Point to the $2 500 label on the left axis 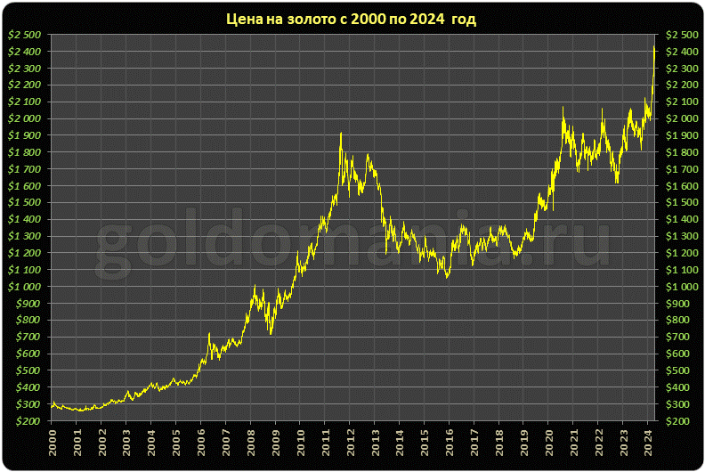tap(24, 35)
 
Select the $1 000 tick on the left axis tap(24, 287)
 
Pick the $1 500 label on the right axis tap(680, 202)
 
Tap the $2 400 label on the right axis tap(680, 52)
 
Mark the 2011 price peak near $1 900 tap(341, 134)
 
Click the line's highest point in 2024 tap(654, 46)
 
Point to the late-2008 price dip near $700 tap(270, 333)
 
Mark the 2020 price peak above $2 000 tap(563, 108)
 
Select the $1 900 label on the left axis tap(24, 135)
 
